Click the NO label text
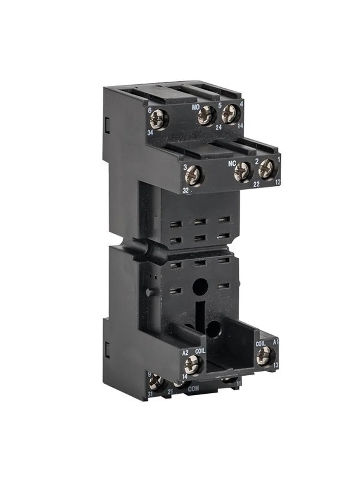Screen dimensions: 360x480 (196, 107)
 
